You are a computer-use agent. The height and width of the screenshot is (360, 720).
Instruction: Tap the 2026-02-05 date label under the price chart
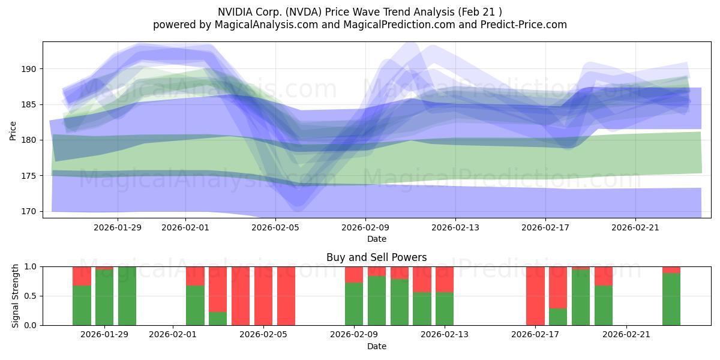[x=275, y=227]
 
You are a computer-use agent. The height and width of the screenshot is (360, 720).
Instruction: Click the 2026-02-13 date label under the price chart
[x=455, y=227]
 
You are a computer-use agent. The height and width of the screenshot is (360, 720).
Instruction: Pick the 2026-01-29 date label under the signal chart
[x=105, y=335]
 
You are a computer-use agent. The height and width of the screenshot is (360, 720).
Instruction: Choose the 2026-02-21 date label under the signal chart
[x=626, y=335]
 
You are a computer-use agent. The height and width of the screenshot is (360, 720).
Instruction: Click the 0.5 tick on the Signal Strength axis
[x=31, y=296]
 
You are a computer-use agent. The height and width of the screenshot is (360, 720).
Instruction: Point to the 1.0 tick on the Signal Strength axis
[x=31, y=266]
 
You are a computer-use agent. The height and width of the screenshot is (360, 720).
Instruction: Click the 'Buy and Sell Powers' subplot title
[x=376, y=257]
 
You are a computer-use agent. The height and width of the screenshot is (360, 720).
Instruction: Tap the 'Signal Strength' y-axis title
[x=16, y=296]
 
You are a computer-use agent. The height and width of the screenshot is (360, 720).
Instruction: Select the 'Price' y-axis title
[x=13, y=130]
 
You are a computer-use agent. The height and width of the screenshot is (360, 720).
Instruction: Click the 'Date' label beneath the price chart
[x=376, y=239]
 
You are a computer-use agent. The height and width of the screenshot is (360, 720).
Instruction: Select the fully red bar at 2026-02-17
[x=535, y=296]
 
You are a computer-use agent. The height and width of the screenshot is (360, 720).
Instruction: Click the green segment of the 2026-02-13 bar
[x=445, y=309]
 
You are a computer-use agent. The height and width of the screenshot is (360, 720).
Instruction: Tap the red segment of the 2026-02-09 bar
[x=354, y=274]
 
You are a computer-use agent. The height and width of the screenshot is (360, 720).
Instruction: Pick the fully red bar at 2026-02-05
[x=263, y=296]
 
